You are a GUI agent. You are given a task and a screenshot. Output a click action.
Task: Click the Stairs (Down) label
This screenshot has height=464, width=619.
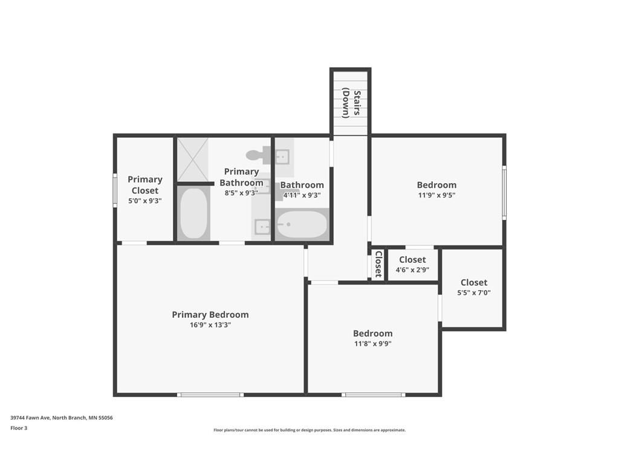click(351, 103)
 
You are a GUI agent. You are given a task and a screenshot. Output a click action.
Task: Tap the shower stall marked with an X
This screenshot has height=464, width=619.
click(193, 159)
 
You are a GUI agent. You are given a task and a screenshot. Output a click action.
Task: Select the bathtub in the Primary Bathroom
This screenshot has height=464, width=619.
click(194, 213)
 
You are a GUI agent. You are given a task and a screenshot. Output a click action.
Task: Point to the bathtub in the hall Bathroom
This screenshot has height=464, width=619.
click(302, 224)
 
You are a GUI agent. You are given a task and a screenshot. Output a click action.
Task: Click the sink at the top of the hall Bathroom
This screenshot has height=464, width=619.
click(282, 157)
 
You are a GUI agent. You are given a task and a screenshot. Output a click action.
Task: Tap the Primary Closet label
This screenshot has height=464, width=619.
click(145, 185)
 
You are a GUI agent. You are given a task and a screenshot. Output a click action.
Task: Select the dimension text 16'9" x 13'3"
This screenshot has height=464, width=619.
click(210, 324)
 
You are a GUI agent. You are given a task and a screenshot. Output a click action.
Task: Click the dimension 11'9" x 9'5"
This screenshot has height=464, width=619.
click(436, 195)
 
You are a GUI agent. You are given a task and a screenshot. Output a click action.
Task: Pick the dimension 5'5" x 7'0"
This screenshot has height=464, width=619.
click(474, 292)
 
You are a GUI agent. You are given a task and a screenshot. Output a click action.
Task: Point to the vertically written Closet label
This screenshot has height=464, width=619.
click(378, 264)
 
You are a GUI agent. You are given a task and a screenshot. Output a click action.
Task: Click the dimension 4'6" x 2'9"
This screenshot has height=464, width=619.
click(412, 269)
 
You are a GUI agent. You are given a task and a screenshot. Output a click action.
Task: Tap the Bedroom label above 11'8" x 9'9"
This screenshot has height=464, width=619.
click(373, 333)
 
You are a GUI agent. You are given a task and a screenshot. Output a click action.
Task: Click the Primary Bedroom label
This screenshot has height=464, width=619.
click(210, 314)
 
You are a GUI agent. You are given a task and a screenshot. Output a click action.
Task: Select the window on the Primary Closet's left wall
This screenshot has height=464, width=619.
click(115, 190)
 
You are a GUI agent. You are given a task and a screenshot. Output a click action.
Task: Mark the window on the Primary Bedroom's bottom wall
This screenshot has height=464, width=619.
click(210, 395)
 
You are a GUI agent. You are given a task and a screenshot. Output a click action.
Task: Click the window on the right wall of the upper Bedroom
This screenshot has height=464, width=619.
click(504, 193)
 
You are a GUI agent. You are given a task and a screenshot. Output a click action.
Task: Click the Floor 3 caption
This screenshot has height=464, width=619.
click(19, 428)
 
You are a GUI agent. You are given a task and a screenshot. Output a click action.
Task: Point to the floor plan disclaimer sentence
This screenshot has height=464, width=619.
click(309, 430)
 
